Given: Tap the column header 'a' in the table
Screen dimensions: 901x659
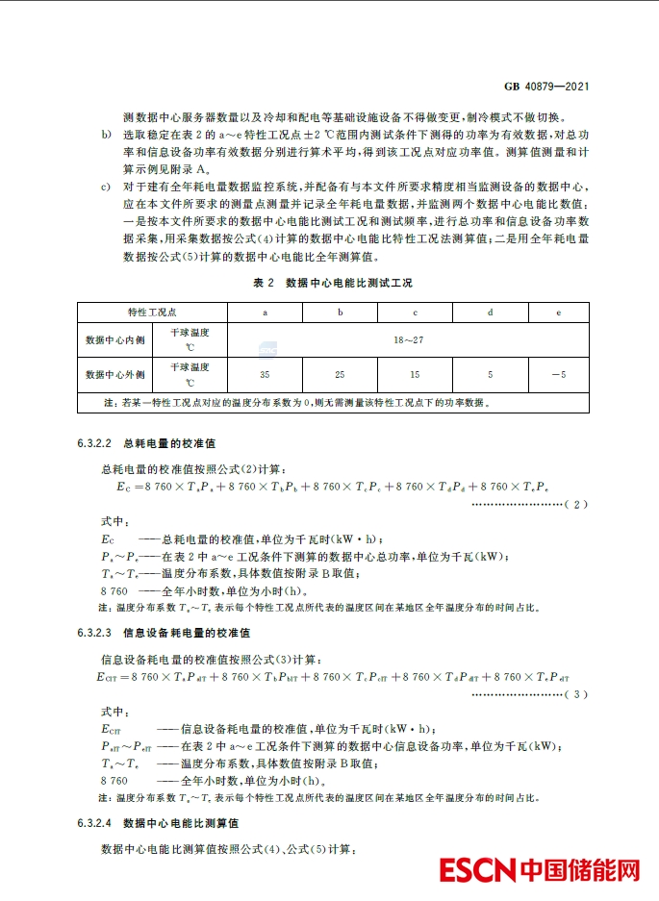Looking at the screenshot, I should pyautogui.click(x=265, y=313).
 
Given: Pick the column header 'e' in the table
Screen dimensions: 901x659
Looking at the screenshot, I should pyautogui.click(x=560, y=313).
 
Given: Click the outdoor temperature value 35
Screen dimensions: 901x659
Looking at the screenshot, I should pyautogui.click(x=265, y=374).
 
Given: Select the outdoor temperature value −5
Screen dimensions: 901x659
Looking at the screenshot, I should pyautogui.click(x=559, y=374).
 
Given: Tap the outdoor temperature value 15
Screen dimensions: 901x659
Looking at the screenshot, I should pyautogui.click(x=415, y=374).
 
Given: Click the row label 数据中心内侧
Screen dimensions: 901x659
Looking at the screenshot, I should pyautogui.click(x=114, y=339).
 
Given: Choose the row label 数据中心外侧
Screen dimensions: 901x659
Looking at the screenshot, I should pyautogui.click(x=114, y=374).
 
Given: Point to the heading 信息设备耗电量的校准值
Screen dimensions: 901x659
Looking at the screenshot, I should pyautogui.click(x=186, y=633).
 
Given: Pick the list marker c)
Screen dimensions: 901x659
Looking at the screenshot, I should pyautogui.click(x=107, y=186).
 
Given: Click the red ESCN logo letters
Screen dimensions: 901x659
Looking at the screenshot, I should pyautogui.click(x=478, y=870).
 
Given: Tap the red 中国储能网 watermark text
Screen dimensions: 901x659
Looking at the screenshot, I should pyautogui.click(x=581, y=870).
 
